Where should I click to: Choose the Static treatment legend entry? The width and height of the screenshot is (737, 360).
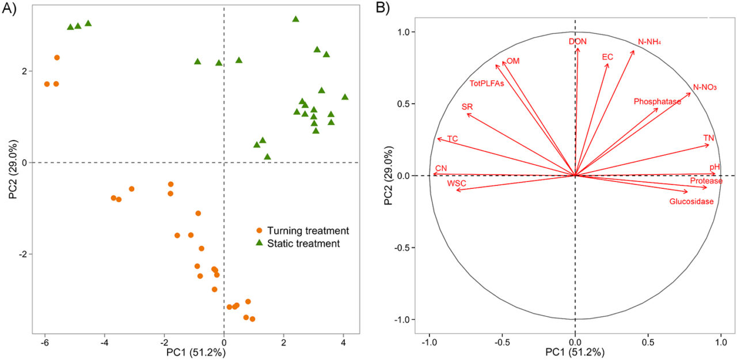tap(298, 244)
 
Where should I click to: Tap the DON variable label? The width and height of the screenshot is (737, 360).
tap(578, 41)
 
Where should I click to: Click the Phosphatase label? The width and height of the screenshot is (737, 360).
tap(657, 102)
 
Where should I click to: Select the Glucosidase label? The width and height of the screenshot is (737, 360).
tap(691, 202)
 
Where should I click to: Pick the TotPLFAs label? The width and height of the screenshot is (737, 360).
tap(487, 84)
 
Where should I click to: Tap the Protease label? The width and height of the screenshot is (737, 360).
tap(706, 181)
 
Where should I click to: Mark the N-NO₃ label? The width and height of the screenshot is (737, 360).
tap(705, 88)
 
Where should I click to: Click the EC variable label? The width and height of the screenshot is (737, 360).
tap(607, 57)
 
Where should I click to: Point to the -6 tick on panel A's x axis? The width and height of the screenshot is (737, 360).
tap(44, 342)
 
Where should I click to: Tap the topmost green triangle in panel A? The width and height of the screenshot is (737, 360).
tap(296, 19)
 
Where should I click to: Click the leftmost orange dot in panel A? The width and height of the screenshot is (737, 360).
tap(47, 84)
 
